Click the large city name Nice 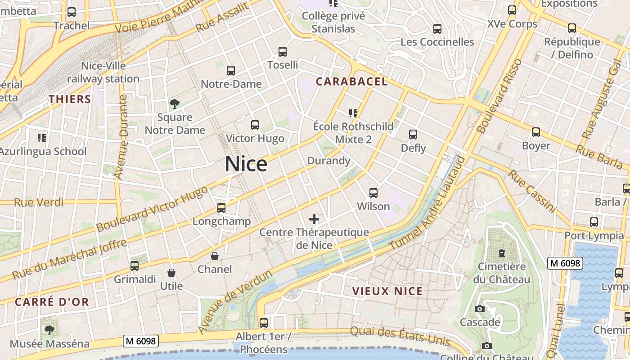click(246, 164)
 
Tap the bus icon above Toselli click(283, 52)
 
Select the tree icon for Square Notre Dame click(174, 104)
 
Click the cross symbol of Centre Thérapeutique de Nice click(314, 220)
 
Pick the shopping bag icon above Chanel click(215, 256)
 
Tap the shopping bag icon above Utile click(171, 273)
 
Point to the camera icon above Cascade click(480, 309)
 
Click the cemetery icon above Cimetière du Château click(501, 253)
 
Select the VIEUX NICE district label click(387, 291)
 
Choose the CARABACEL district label click(351, 81)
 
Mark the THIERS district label click(70, 99)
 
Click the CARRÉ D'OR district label click(52, 302)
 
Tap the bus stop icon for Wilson click(373, 193)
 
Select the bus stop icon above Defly click(413, 135)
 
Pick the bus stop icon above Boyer click(536, 132)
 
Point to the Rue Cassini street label click(532, 191)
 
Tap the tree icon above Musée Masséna click(49, 330)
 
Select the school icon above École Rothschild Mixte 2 click(353, 113)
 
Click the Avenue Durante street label click(121, 137)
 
